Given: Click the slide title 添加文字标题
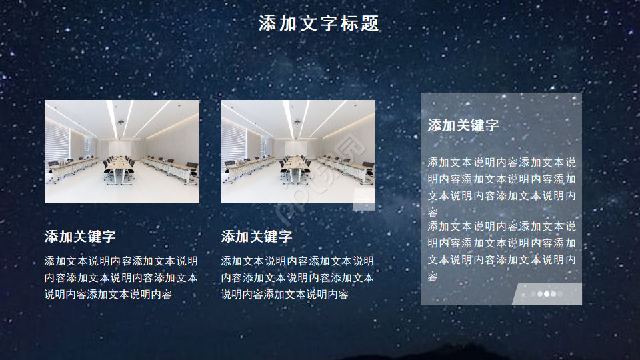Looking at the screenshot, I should pos(319,24).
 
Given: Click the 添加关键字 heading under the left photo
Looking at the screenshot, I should pos(80,237).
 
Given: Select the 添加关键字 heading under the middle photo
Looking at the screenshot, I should pos(257,237).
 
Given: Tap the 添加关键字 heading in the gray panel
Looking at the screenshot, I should pos(463,125).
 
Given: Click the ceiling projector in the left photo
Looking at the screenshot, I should pos(121,122).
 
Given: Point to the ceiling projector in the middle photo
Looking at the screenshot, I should pos(297,122).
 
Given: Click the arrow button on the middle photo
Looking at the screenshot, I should pos(364,199).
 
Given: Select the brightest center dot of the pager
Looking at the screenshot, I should pos(547,293).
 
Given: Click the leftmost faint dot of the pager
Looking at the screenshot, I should pos(534,293).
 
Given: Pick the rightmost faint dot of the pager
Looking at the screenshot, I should pos(560,293).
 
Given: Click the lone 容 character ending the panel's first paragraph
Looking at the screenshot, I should pos(433,213).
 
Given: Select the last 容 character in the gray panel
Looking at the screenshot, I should pos(433,277).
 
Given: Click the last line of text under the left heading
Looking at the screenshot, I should pos(108,294).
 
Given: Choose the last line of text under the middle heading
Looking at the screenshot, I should pos(285,294).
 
